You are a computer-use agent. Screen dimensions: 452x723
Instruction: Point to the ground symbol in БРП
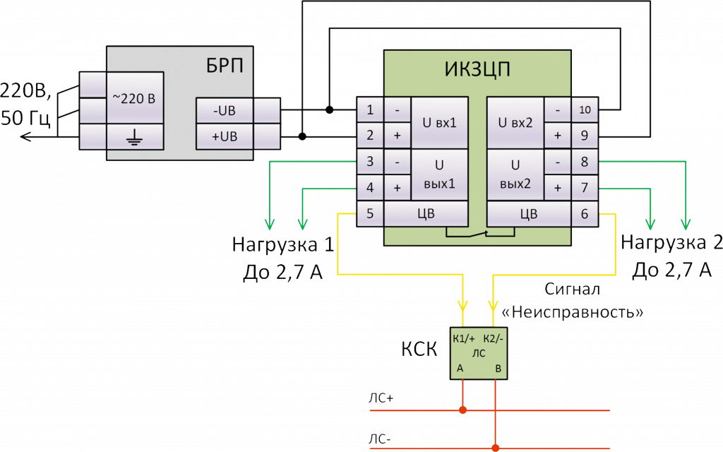[135, 136]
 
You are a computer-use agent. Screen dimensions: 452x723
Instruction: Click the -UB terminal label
[224, 110]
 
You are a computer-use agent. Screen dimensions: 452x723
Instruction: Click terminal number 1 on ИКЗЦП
[371, 110]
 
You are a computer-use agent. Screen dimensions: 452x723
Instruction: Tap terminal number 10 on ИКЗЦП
[585, 110]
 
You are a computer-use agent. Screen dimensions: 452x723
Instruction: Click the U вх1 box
[439, 123]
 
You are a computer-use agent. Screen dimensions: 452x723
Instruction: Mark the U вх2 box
[515, 123]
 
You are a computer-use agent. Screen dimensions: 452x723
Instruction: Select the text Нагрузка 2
[671, 244]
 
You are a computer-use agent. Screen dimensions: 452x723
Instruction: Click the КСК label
[420, 349]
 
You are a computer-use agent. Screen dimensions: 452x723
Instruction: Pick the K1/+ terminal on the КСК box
[463, 337]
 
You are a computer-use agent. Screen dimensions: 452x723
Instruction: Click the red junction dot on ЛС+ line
[462, 410]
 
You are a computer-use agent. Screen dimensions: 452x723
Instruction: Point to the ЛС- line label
[381, 439]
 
